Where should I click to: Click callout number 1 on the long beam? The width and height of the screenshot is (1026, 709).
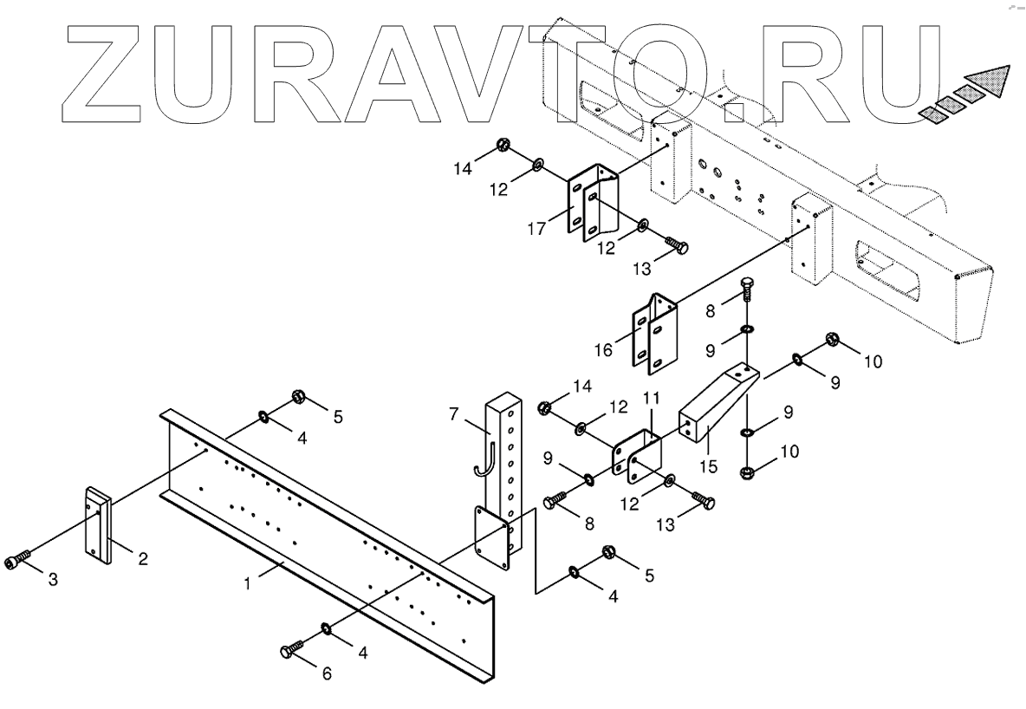(x=247, y=584)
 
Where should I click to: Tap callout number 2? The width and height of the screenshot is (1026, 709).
(x=143, y=559)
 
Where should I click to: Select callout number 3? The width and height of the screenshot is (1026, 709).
(x=53, y=579)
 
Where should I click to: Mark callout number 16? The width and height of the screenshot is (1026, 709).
(x=603, y=350)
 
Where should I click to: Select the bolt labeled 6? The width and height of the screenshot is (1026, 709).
(x=292, y=649)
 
